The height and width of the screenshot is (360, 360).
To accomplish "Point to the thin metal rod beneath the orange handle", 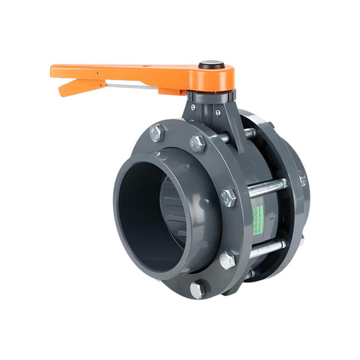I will (x=133, y=88).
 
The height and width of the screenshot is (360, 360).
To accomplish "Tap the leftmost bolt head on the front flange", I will (x=157, y=133).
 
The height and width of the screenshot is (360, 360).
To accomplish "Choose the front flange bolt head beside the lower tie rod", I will (x=228, y=258).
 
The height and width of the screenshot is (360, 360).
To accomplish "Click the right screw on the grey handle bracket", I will (x=217, y=112).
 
